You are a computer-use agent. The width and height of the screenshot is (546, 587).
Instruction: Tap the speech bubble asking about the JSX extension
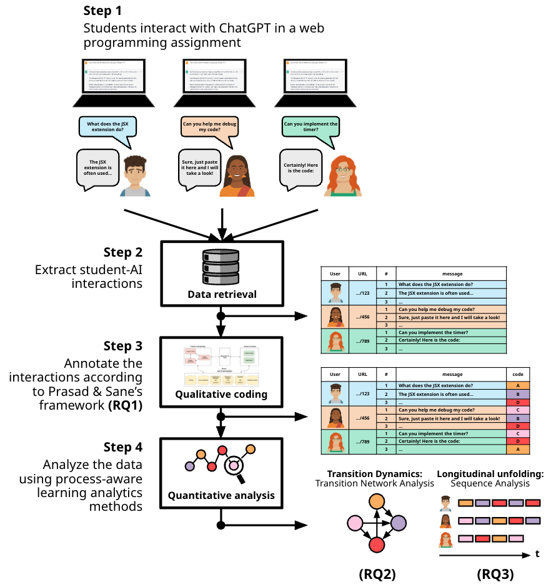[x=107, y=127]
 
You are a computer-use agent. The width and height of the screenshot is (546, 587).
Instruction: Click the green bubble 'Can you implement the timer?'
[x=310, y=127]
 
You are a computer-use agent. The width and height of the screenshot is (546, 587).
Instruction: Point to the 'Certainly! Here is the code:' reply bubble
[x=302, y=169]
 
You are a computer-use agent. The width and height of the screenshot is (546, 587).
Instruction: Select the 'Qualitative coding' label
[x=222, y=394]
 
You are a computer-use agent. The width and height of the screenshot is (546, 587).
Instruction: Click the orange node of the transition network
[x=375, y=501]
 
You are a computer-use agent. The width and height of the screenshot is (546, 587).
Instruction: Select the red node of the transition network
[x=376, y=545]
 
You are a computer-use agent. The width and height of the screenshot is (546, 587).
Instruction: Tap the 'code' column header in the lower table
[x=517, y=374]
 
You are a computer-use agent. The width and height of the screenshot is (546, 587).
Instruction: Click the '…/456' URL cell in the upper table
[x=363, y=317]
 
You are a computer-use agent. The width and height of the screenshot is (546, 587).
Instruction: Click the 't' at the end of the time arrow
[x=537, y=553]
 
